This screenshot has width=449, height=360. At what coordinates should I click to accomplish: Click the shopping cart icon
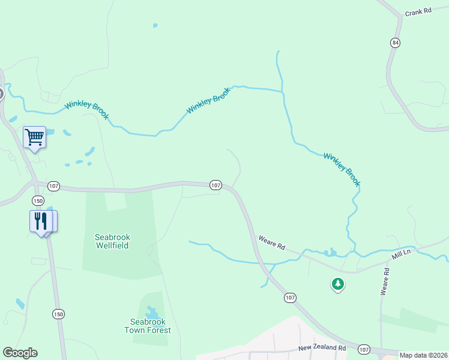[x=34, y=137]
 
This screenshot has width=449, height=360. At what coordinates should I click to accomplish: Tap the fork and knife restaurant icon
[x=40, y=221]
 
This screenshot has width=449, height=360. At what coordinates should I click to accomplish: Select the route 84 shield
[x=394, y=43]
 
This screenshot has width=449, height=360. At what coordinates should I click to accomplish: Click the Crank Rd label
[x=418, y=12]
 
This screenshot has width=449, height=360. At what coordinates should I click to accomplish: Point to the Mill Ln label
[x=400, y=256]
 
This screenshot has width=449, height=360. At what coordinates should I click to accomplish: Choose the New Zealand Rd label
[x=322, y=348]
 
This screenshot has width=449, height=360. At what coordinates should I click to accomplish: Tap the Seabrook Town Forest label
[x=148, y=326]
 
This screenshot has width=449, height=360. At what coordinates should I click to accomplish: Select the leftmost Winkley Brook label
[x=87, y=110]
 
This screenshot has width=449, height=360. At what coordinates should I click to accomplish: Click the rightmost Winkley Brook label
[x=342, y=169]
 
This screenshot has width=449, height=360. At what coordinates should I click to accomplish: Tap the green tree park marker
[x=338, y=284]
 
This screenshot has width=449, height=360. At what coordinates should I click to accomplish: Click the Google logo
[x=20, y=353]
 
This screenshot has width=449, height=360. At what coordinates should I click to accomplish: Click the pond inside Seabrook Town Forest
[x=152, y=312]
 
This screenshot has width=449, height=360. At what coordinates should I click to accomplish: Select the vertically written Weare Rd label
[x=385, y=281]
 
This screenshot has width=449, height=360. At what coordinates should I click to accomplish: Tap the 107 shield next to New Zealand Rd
[x=364, y=349]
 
